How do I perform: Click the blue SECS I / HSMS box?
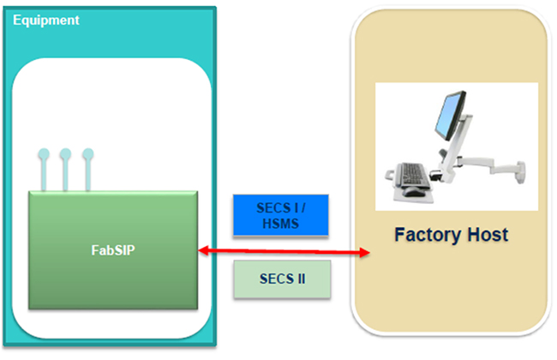click(280, 214)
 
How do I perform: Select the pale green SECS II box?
click(281, 279)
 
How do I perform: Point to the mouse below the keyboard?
click(414, 191)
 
